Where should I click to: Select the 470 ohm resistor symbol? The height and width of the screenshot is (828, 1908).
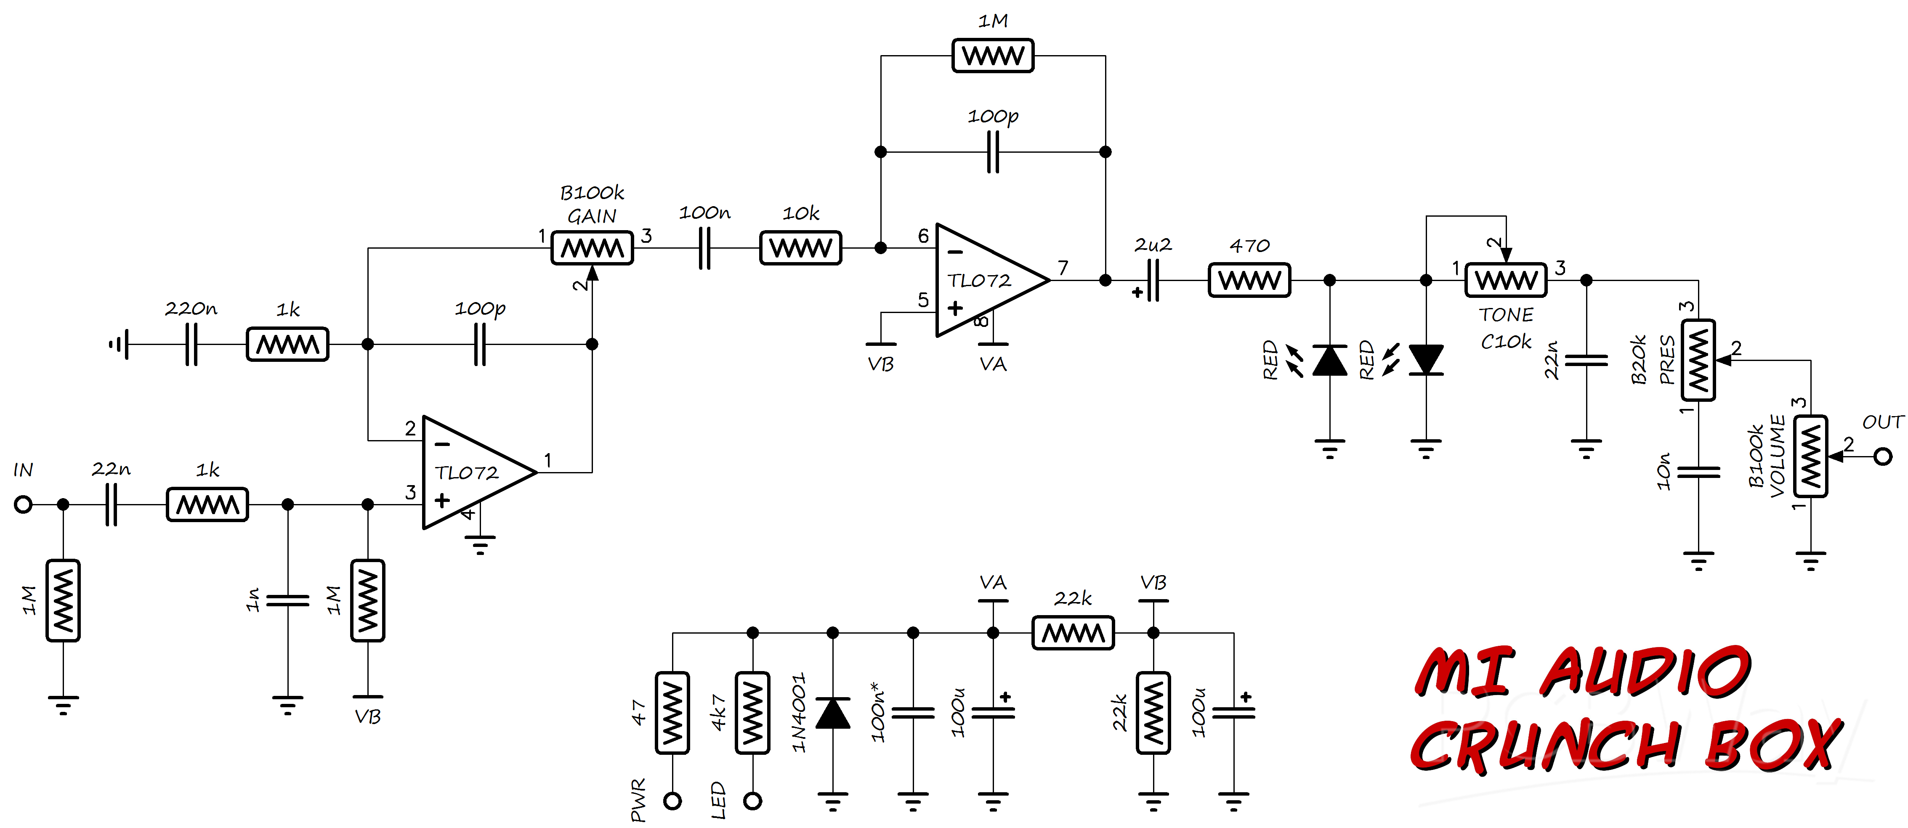click(x=1249, y=280)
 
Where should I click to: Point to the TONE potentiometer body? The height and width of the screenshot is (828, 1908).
click(x=1506, y=280)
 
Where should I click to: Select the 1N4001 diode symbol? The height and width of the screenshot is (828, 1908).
click(x=832, y=712)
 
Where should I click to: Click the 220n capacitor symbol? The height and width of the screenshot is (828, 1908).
click(x=191, y=345)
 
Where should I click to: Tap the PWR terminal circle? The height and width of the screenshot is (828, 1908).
click(x=672, y=801)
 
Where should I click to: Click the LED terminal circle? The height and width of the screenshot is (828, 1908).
click(x=752, y=801)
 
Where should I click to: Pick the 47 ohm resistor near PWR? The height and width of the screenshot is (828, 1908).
click(x=672, y=712)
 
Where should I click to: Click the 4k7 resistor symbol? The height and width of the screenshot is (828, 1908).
click(x=752, y=712)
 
